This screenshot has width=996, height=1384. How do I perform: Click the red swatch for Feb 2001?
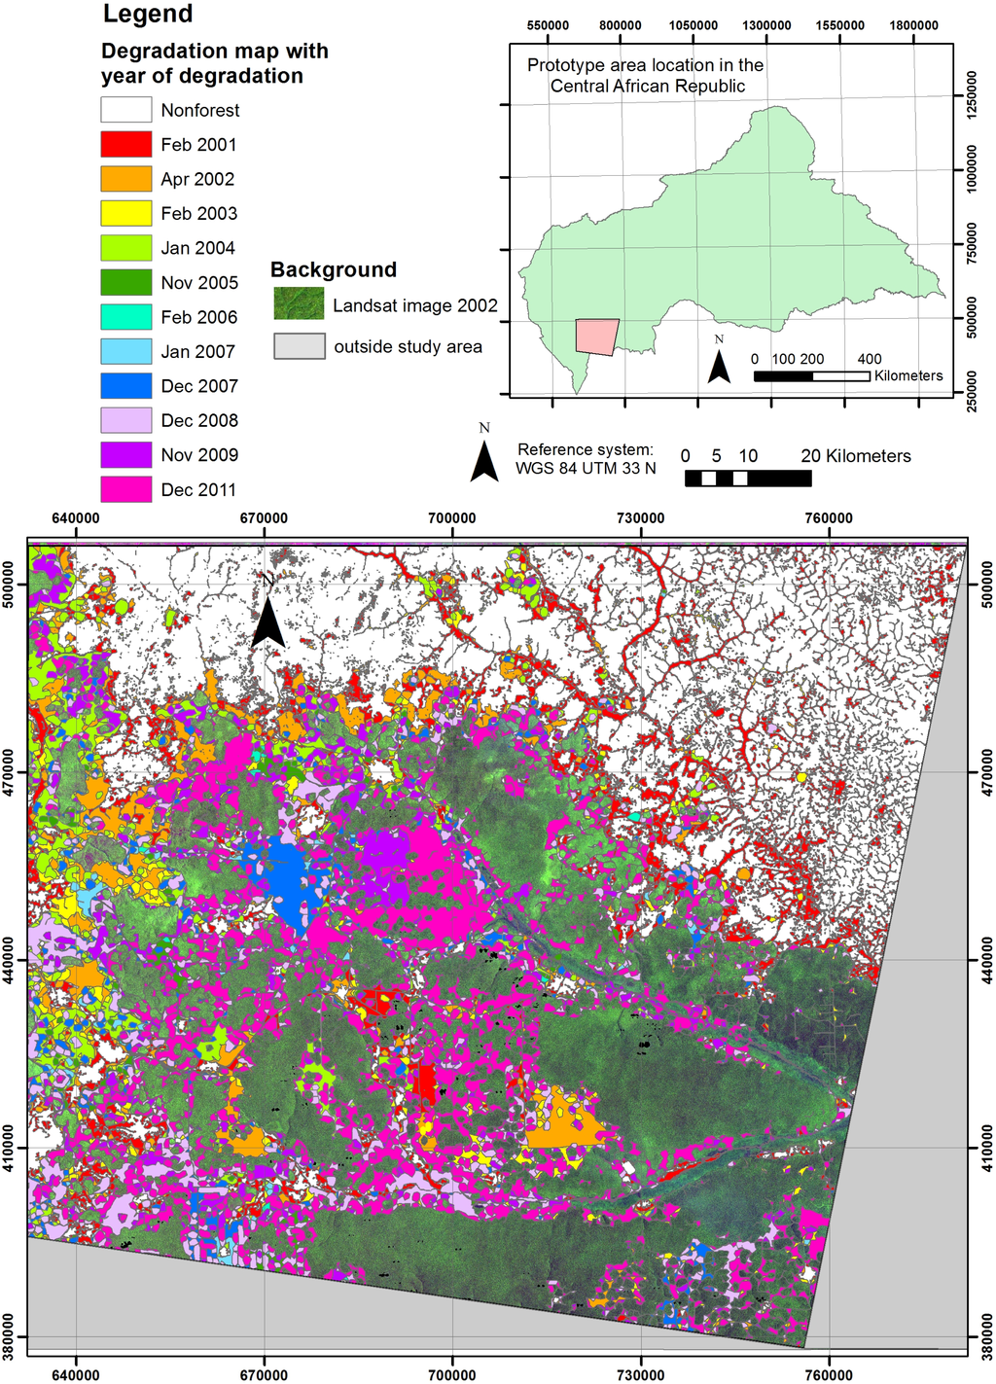[126, 144]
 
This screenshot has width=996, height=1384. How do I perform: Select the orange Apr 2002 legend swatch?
[126, 179]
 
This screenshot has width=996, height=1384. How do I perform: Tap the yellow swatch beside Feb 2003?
[126, 213]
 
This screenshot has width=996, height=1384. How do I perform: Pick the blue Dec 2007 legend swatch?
[126, 386]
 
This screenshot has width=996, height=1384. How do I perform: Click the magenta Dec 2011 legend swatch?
[126, 489]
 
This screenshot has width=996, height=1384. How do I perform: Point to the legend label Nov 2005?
[199, 283]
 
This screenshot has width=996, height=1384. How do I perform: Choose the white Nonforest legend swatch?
[126, 110]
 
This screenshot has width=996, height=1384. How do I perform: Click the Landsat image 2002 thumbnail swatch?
[299, 304]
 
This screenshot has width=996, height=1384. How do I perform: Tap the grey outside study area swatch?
[299, 346]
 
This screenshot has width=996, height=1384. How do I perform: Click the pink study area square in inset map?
[596, 337]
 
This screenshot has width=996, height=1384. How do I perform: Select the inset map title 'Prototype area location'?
[646, 76]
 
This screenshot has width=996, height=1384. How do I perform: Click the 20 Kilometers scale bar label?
[856, 456]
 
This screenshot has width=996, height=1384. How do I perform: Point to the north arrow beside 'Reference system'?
[484, 459]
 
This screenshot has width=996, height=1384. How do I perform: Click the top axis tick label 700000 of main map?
[452, 518]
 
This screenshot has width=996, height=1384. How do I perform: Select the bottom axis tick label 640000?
[75, 1374]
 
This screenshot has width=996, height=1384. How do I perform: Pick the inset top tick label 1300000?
[766, 25]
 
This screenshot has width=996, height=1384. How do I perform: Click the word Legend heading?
[148, 15]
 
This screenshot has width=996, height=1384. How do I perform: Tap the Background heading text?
[334, 270]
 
